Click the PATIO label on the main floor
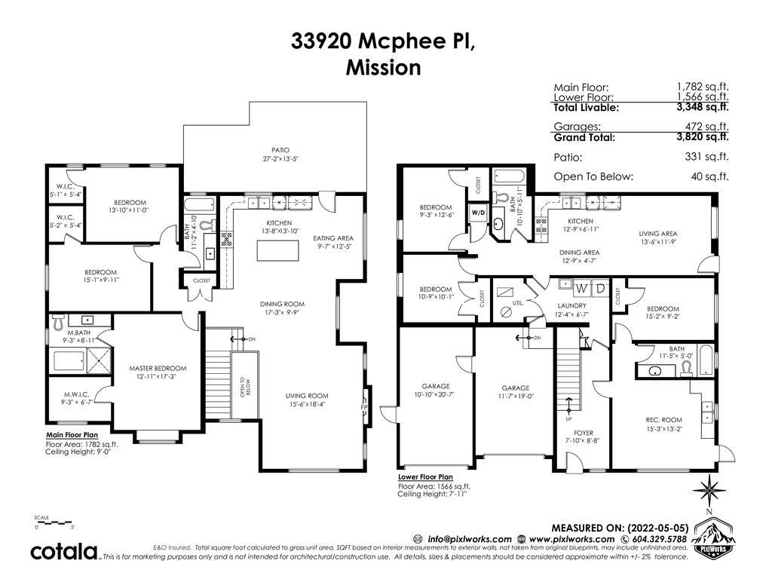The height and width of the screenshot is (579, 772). point(280,150)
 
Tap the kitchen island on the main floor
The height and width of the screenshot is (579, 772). point(277,250)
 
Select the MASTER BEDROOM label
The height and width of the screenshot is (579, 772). point(158,368)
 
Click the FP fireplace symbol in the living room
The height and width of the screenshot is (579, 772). point(365,408)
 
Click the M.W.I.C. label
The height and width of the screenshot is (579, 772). point(76,394)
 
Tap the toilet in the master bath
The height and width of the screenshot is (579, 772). point(57,322)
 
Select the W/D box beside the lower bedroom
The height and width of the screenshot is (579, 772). point(478,213)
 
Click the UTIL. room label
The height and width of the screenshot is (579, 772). point(518,303)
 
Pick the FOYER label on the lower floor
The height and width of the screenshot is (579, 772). point(584,433)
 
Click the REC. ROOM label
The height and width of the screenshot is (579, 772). point(663,420)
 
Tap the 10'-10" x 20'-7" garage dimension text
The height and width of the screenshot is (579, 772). point(436,394)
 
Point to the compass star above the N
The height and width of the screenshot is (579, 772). point(709,490)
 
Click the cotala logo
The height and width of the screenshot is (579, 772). point(64,551)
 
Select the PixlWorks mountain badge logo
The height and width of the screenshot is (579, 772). point(712,538)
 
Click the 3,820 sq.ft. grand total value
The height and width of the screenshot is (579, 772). point(703,137)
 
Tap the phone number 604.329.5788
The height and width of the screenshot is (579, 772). point(658,539)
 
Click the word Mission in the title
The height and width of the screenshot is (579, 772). point(383,67)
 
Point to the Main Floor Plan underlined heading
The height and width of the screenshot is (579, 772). point(72,435)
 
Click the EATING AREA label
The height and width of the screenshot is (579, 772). point(333,238)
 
